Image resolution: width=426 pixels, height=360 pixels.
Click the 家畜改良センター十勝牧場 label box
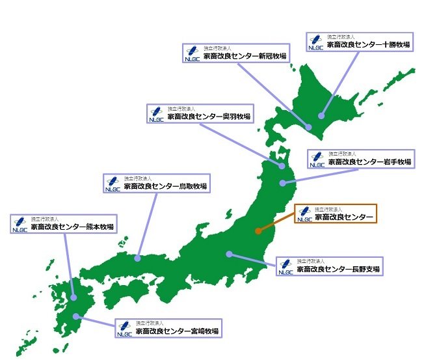(360, 42)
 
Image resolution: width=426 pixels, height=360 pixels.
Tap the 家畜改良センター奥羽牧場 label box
(200, 113)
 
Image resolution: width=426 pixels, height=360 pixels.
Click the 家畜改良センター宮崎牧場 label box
(168, 327)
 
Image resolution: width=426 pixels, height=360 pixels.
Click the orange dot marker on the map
(258, 230)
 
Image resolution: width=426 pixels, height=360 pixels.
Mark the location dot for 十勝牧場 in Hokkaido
(321, 116)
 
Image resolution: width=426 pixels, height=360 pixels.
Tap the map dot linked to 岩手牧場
(282, 183)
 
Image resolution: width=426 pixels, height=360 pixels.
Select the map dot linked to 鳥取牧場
(138, 258)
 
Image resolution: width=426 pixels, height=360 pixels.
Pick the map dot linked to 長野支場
(228, 253)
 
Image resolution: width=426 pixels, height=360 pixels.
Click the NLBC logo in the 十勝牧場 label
(316, 42)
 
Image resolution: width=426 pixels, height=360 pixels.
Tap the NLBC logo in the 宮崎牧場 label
(125, 327)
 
